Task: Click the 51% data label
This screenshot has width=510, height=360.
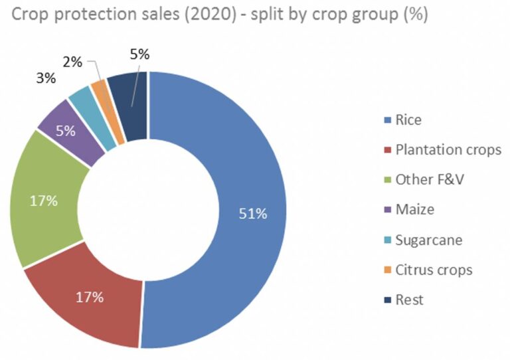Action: (253, 214)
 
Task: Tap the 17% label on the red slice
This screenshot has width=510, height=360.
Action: (90, 297)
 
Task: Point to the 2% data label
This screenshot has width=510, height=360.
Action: (72, 62)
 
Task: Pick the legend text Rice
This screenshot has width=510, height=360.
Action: (408, 120)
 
